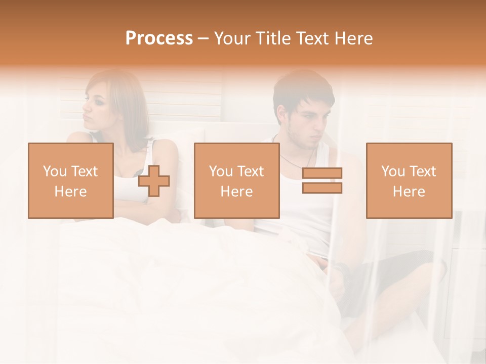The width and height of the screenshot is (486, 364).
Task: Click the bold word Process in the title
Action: pyautogui.click(x=159, y=38)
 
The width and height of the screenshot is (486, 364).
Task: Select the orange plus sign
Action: pyautogui.click(x=154, y=181)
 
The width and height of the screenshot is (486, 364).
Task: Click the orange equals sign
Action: pyautogui.click(x=322, y=180)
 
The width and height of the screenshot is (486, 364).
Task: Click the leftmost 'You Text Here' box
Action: pyautogui.click(x=71, y=180)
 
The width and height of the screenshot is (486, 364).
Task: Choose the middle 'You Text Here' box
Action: pyautogui.click(x=237, y=180)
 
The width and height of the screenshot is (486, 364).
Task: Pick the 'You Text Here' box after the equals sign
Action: pyautogui.click(x=409, y=180)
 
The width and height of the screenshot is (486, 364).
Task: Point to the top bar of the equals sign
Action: pyautogui.click(x=322, y=173)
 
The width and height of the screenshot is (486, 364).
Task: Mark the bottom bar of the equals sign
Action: pyautogui.click(x=322, y=188)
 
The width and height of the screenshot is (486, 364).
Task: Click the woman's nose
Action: pyautogui.click(x=85, y=107)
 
